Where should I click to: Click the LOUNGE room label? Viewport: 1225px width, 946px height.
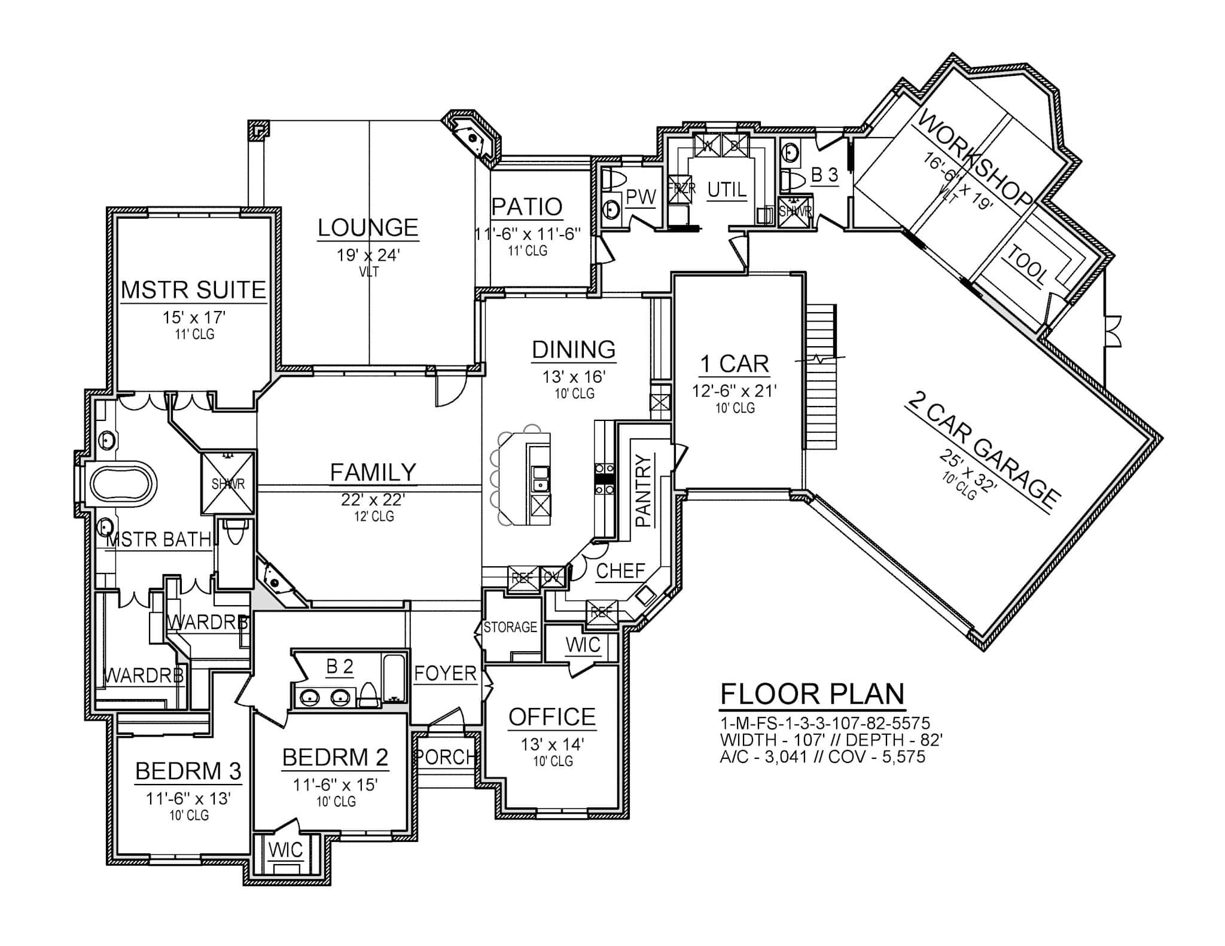367,228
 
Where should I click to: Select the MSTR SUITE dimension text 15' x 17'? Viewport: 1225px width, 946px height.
193,318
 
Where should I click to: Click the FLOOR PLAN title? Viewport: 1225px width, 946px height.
812,694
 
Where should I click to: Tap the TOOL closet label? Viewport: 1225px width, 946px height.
1028,266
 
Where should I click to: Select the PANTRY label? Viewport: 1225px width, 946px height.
643,490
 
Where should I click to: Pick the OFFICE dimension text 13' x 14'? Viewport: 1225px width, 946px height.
552,744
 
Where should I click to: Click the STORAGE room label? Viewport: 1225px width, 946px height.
510,627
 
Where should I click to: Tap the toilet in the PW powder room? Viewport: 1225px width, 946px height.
613,179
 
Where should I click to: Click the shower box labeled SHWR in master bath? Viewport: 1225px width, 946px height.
228,483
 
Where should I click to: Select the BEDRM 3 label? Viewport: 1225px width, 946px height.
188,771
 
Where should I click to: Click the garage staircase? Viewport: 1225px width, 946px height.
820,377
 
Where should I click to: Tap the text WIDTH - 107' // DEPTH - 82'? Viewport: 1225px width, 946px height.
831,740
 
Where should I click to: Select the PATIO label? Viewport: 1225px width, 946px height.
527,207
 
